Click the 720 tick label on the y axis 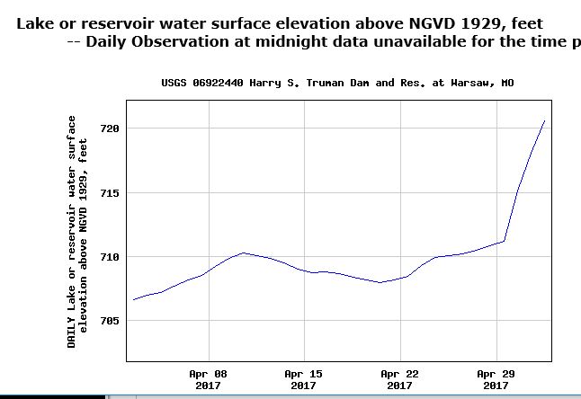pyautogui.click(x=109, y=129)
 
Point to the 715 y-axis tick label pyautogui.click(x=109, y=193)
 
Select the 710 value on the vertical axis pyautogui.click(x=109, y=257)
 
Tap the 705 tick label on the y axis pyautogui.click(x=109, y=321)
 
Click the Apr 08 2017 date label pyautogui.click(x=208, y=379)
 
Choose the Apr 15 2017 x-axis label pyautogui.click(x=303, y=379)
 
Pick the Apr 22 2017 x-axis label pyautogui.click(x=399, y=379)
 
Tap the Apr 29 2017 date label pyautogui.click(x=496, y=379)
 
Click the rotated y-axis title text pyautogui.click(x=76, y=231)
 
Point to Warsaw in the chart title pyautogui.click(x=471, y=83)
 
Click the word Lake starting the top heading pyautogui.click(x=37, y=22)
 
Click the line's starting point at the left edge pyautogui.click(x=133, y=299)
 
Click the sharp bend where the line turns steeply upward pyautogui.click(x=505, y=241)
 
